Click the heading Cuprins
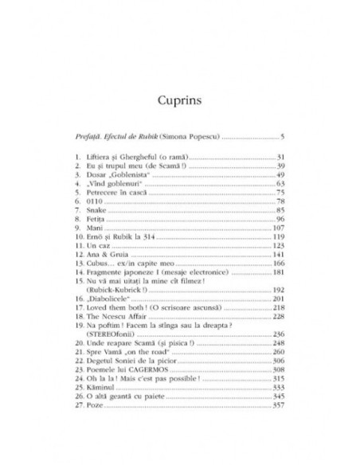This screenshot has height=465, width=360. pyautogui.click(x=179, y=101)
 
